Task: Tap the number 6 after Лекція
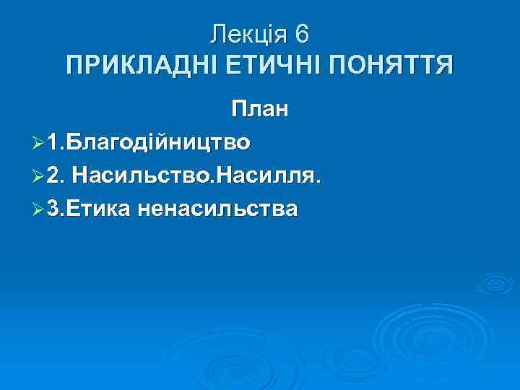pyautogui.click(x=302, y=34)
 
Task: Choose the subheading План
pyautogui.click(x=260, y=110)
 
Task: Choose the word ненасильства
pyautogui.click(x=220, y=209)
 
